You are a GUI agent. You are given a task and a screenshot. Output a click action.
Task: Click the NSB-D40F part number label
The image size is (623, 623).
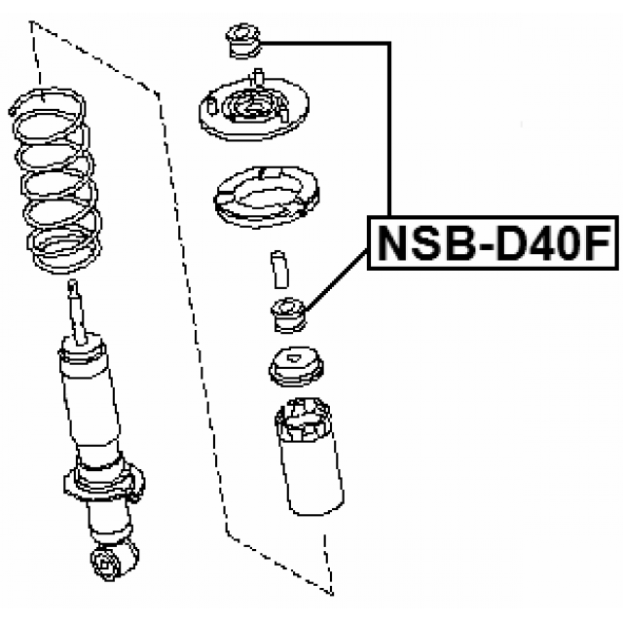[x=493, y=242]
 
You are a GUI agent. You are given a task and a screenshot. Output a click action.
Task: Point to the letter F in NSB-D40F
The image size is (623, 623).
[x=597, y=242]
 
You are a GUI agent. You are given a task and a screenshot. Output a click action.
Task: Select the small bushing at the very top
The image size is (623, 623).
[x=243, y=41]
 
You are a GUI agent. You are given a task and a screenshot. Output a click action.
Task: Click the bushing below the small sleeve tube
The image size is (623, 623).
[x=289, y=315]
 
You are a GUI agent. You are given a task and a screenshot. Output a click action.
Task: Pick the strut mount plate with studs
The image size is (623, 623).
[x=254, y=107]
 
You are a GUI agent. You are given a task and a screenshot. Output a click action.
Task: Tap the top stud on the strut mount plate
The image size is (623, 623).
[x=258, y=76]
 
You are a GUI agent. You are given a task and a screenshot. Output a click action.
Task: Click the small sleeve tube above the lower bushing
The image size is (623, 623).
[x=279, y=270]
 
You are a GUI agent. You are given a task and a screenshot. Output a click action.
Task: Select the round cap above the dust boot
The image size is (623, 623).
[x=296, y=366]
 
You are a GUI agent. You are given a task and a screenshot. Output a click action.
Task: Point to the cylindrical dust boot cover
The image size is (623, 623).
[x=310, y=457]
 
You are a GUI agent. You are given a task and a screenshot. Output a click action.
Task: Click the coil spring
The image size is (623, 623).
[x=55, y=181]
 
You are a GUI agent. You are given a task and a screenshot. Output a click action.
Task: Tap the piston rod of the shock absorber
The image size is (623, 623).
[x=78, y=311]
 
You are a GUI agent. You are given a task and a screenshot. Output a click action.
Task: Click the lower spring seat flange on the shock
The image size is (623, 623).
[x=104, y=483]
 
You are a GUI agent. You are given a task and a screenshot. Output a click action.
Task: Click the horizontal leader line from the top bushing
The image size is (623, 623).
[x=325, y=43]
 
